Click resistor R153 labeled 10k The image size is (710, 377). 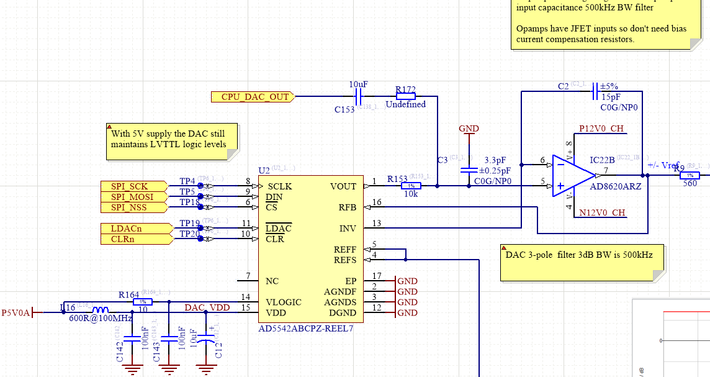tap(410, 186)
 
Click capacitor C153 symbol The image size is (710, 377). tap(357, 96)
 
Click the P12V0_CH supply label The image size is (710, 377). tap(601, 129)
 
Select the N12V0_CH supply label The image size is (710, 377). tap(601, 213)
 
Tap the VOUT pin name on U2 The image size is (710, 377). tap(343, 186)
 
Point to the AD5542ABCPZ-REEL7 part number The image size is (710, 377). tap(305, 328)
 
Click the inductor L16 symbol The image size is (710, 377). tap(101, 311)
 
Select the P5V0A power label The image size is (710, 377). tap(16, 312)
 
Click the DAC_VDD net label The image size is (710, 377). tap(207, 307)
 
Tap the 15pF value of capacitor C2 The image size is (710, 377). tap(611, 97)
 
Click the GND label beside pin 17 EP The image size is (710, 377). tap(407, 281)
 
